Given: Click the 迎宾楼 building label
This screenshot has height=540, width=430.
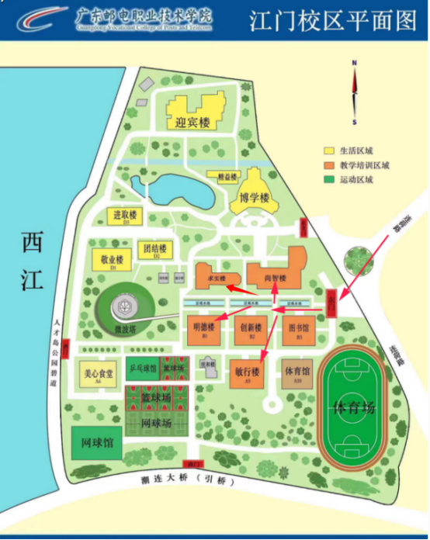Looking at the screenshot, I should [193, 123].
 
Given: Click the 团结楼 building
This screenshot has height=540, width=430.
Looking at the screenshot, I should [156, 250].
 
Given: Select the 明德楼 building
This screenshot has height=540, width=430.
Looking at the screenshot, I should [205, 329].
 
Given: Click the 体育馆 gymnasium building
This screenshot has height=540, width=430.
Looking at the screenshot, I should [296, 372].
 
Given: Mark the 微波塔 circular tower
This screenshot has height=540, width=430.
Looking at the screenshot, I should [124, 308].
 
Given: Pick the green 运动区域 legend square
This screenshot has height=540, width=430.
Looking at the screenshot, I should [329, 179].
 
